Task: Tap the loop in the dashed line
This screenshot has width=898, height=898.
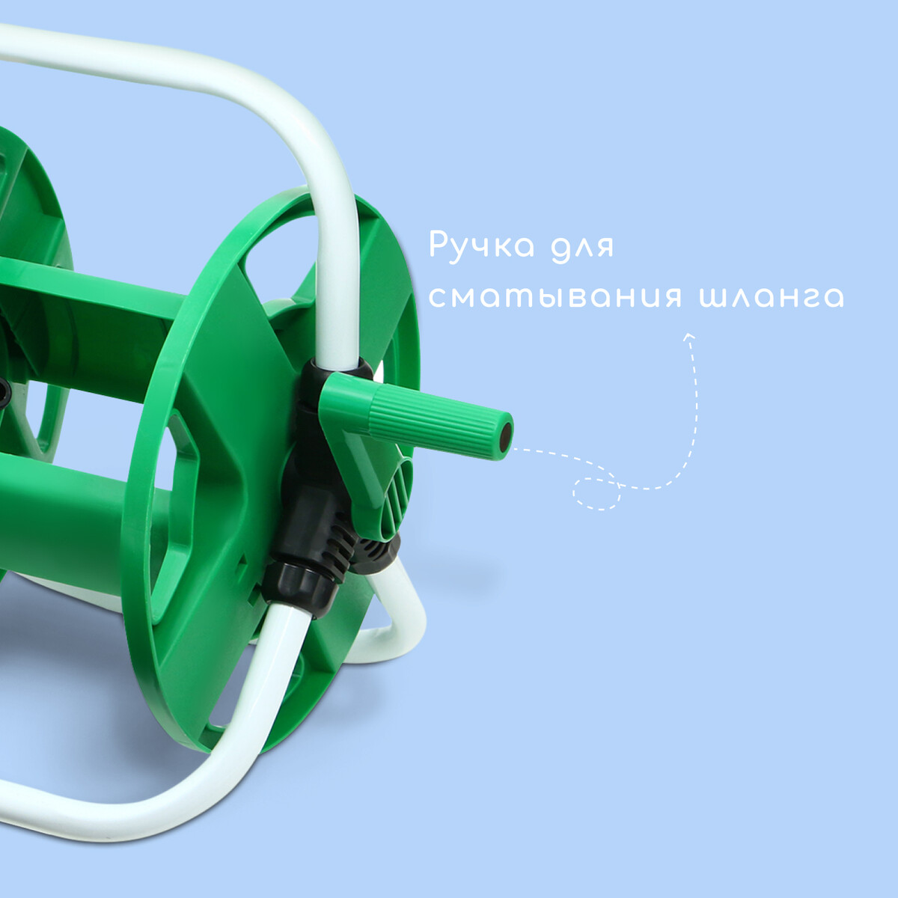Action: (596, 493)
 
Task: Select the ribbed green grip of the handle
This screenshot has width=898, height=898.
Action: (436, 419)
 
